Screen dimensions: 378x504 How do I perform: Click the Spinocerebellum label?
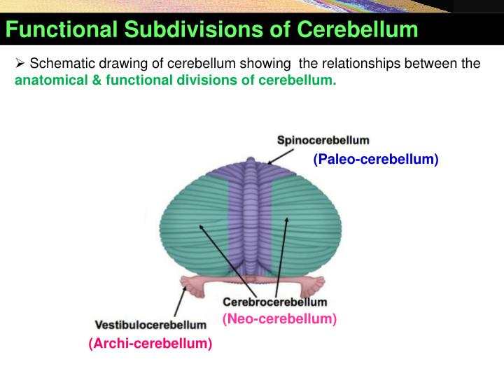pos(323,141)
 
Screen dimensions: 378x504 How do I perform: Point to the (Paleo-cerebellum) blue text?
pos(376,160)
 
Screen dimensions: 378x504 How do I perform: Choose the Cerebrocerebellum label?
pos(275,302)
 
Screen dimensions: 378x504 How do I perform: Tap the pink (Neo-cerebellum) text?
pos(279,319)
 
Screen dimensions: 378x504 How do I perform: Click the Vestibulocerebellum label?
pos(150,325)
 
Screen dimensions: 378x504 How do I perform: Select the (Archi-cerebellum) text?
pos(150,344)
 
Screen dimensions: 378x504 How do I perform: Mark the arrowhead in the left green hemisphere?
pos(201,226)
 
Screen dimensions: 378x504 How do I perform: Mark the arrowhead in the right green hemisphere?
pos(286,221)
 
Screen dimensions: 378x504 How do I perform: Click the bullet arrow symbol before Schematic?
pos(20,64)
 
